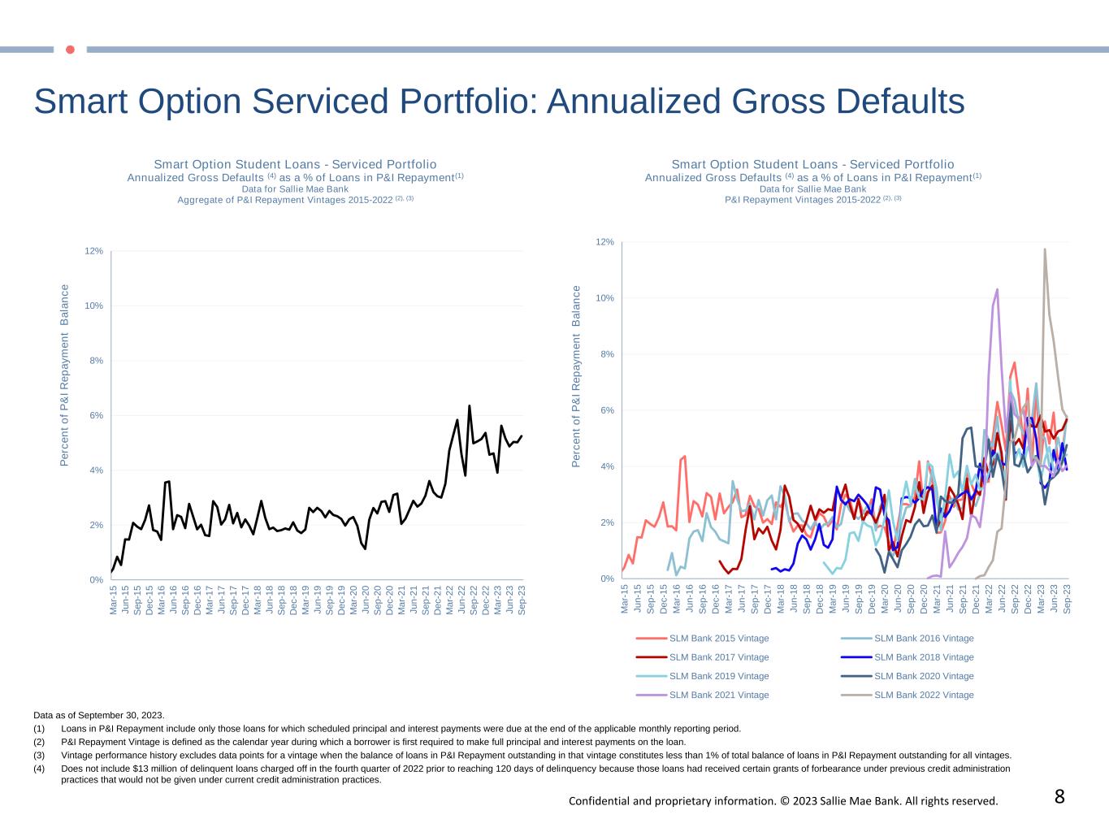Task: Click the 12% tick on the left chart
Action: [x=93, y=251]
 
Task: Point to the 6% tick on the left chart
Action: [x=96, y=416]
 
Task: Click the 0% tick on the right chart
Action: [x=606, y=578]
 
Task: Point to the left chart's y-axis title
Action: [x=64, y=375]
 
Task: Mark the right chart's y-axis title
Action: [x=576, y=376]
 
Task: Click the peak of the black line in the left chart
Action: [x=470, y=405]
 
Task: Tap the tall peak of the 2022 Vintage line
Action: [x=1045, y=249]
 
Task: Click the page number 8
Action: [x=1059, y=797]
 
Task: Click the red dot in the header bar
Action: [x=70, y=50]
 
